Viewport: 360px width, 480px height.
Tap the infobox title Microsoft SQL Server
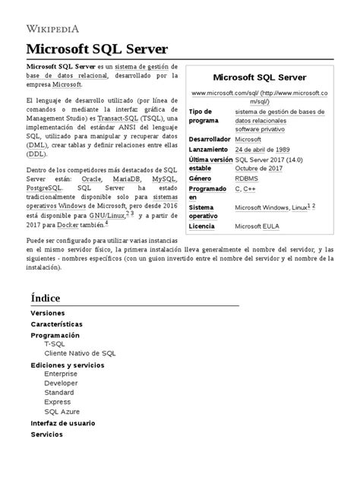259,77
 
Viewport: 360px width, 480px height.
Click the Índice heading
46,298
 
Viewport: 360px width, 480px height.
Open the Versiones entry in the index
47,313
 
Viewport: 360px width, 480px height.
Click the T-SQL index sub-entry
55,344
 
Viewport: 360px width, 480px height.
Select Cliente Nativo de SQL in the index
80,353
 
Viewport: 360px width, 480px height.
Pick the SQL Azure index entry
62,411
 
